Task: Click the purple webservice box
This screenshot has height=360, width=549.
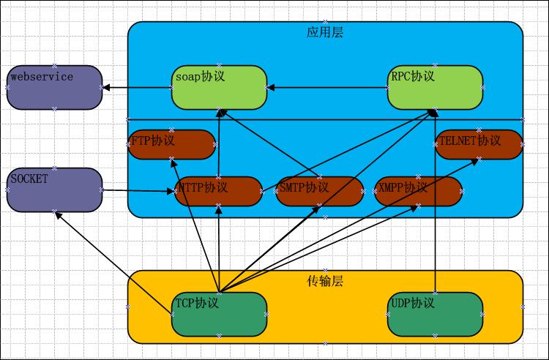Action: coord(55,87)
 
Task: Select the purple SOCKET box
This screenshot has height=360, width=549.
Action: coord(55,190)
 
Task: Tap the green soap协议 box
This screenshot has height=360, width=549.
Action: coord(219,88)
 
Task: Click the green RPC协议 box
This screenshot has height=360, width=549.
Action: coord(435,88)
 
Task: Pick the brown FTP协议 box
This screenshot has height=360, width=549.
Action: coord(173,144)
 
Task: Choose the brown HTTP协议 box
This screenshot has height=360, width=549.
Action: coord(219,191)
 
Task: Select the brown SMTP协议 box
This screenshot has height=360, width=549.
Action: coord(320,191)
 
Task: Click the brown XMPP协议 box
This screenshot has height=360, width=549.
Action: coord(418,191)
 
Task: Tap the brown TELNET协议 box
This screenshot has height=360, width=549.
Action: coord(479,144)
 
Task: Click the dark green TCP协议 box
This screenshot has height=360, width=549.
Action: coord(219,314)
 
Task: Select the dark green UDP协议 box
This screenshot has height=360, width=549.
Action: coord(435,314)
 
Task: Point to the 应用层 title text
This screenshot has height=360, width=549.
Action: coord(325,32)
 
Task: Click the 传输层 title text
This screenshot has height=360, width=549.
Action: coord(325,281)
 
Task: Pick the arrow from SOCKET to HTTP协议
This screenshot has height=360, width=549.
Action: coord(139,191)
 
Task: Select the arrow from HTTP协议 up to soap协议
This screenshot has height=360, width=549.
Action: coord(220,143)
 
